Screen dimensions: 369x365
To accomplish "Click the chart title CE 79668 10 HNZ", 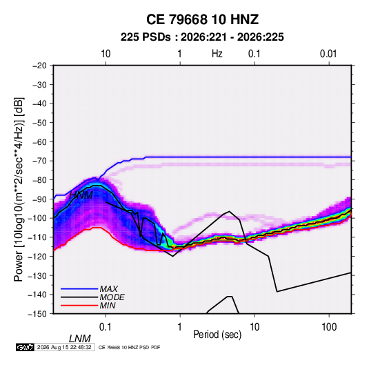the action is pos(202,19).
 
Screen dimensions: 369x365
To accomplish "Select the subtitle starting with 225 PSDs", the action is pos(202,37).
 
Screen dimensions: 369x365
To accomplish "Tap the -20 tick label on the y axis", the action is pos(39,66).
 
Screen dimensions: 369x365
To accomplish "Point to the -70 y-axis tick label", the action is pos(39,161).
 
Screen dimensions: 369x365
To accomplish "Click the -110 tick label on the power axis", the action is pos(37,237).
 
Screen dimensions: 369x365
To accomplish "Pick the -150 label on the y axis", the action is pos(37,314).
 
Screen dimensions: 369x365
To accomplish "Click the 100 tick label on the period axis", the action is pos(329,326).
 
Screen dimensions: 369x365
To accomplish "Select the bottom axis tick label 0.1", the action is pos(105,326).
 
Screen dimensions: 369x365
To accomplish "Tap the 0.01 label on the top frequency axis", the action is pos(328,54).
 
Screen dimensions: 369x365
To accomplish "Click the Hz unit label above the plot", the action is pos(217,54).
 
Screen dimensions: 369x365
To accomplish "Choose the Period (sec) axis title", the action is pos(217,335).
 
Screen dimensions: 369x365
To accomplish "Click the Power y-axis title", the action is pos(19,189).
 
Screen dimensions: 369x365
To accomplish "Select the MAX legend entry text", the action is pos(109,289).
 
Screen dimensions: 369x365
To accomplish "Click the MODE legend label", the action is pos(112,297).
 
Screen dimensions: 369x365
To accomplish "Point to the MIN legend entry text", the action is pos(108,306).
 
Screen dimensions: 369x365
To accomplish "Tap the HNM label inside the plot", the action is pos(81,195).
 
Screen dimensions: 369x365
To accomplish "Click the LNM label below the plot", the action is pos(80,339).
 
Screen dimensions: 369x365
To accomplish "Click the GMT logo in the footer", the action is pos(25,347).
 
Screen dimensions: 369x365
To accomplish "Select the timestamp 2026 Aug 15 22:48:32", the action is pos(64,347).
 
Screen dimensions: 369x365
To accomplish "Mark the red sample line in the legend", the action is pos(79,306).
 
